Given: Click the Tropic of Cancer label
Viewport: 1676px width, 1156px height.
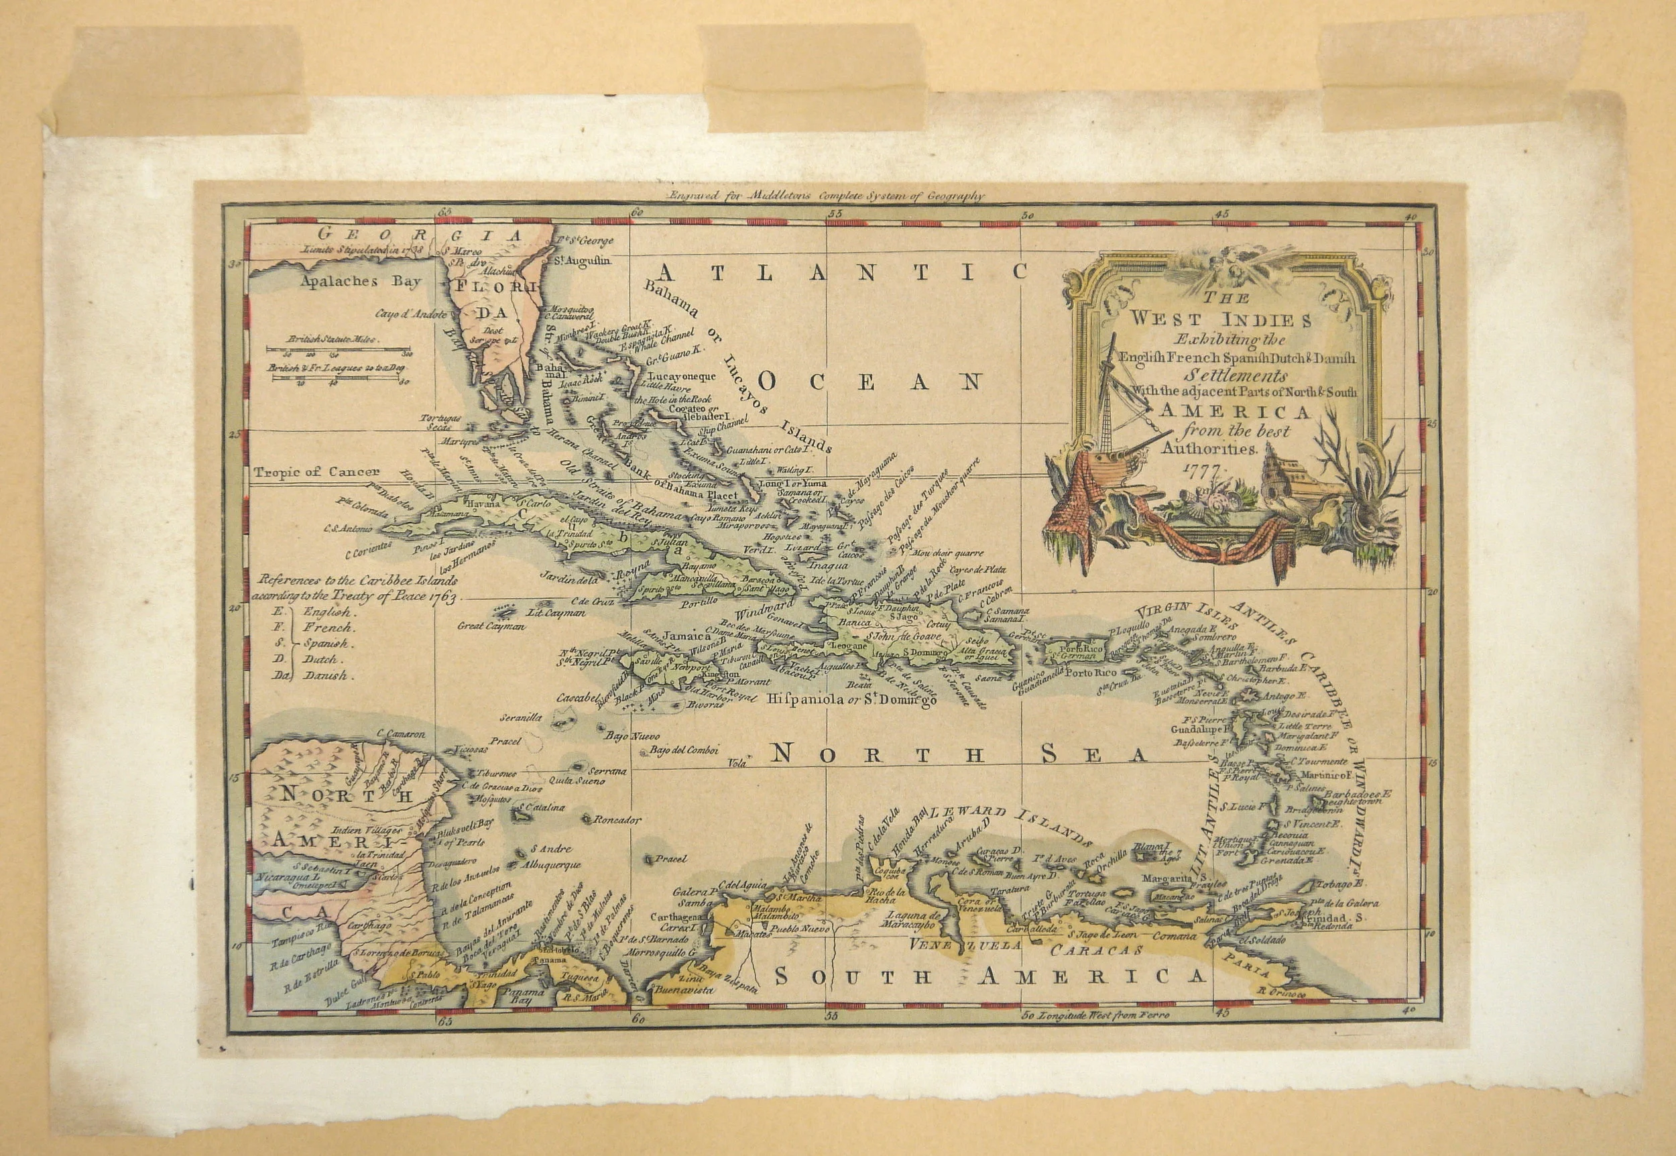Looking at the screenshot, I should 306,472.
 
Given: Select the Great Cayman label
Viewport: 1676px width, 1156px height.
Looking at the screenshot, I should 491,626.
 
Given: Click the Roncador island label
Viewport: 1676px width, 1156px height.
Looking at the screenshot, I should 617,821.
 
